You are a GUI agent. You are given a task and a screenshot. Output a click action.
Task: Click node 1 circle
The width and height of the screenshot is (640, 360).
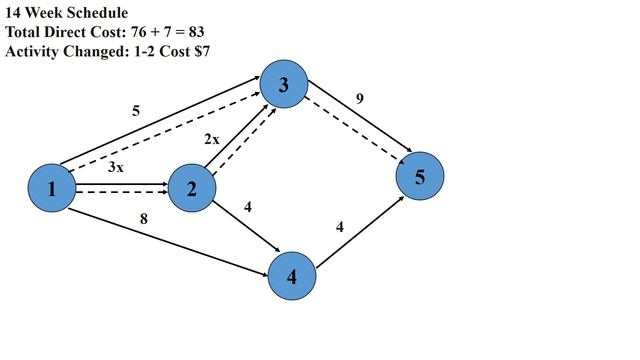pos(52,187)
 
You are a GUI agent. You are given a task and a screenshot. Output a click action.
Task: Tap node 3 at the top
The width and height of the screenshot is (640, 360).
pos(284,85)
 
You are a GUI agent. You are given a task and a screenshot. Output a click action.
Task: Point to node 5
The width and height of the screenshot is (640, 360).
pos(420,176)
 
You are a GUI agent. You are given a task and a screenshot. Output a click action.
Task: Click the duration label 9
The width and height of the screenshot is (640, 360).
pos(359,98)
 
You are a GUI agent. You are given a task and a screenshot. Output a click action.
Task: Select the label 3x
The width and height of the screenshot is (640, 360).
pos(116,167)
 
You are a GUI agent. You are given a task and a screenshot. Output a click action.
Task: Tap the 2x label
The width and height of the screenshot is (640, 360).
pos(212,140)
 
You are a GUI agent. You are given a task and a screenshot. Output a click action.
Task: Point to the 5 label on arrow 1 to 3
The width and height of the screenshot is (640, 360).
pos(137,110)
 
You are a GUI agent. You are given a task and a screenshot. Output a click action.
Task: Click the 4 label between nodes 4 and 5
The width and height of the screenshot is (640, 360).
pos(340,227)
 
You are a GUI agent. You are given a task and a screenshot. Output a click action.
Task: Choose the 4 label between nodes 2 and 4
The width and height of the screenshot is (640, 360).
pos(247,207)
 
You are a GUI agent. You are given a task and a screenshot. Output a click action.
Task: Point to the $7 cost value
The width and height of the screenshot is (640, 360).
pos(200,50)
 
